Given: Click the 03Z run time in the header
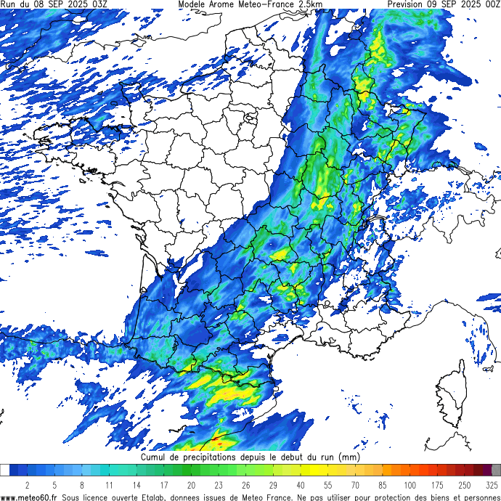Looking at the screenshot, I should [96, 4].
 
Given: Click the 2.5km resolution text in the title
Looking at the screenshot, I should [310, 4].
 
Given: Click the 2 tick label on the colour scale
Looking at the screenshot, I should [27, 485].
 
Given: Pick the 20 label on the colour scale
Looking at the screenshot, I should [191, 485].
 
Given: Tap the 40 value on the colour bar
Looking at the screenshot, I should [301, 485].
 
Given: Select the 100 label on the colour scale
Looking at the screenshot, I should [410, 485].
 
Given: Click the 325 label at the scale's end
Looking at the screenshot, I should [492, 485].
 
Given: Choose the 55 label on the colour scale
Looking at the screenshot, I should [328, 485].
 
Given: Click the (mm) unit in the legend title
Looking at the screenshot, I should [349, 458].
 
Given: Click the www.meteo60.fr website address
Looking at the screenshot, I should [29, 497].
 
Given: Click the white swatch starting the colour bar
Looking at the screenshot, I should [5, 471].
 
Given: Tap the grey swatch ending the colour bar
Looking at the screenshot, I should [496, 471].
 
